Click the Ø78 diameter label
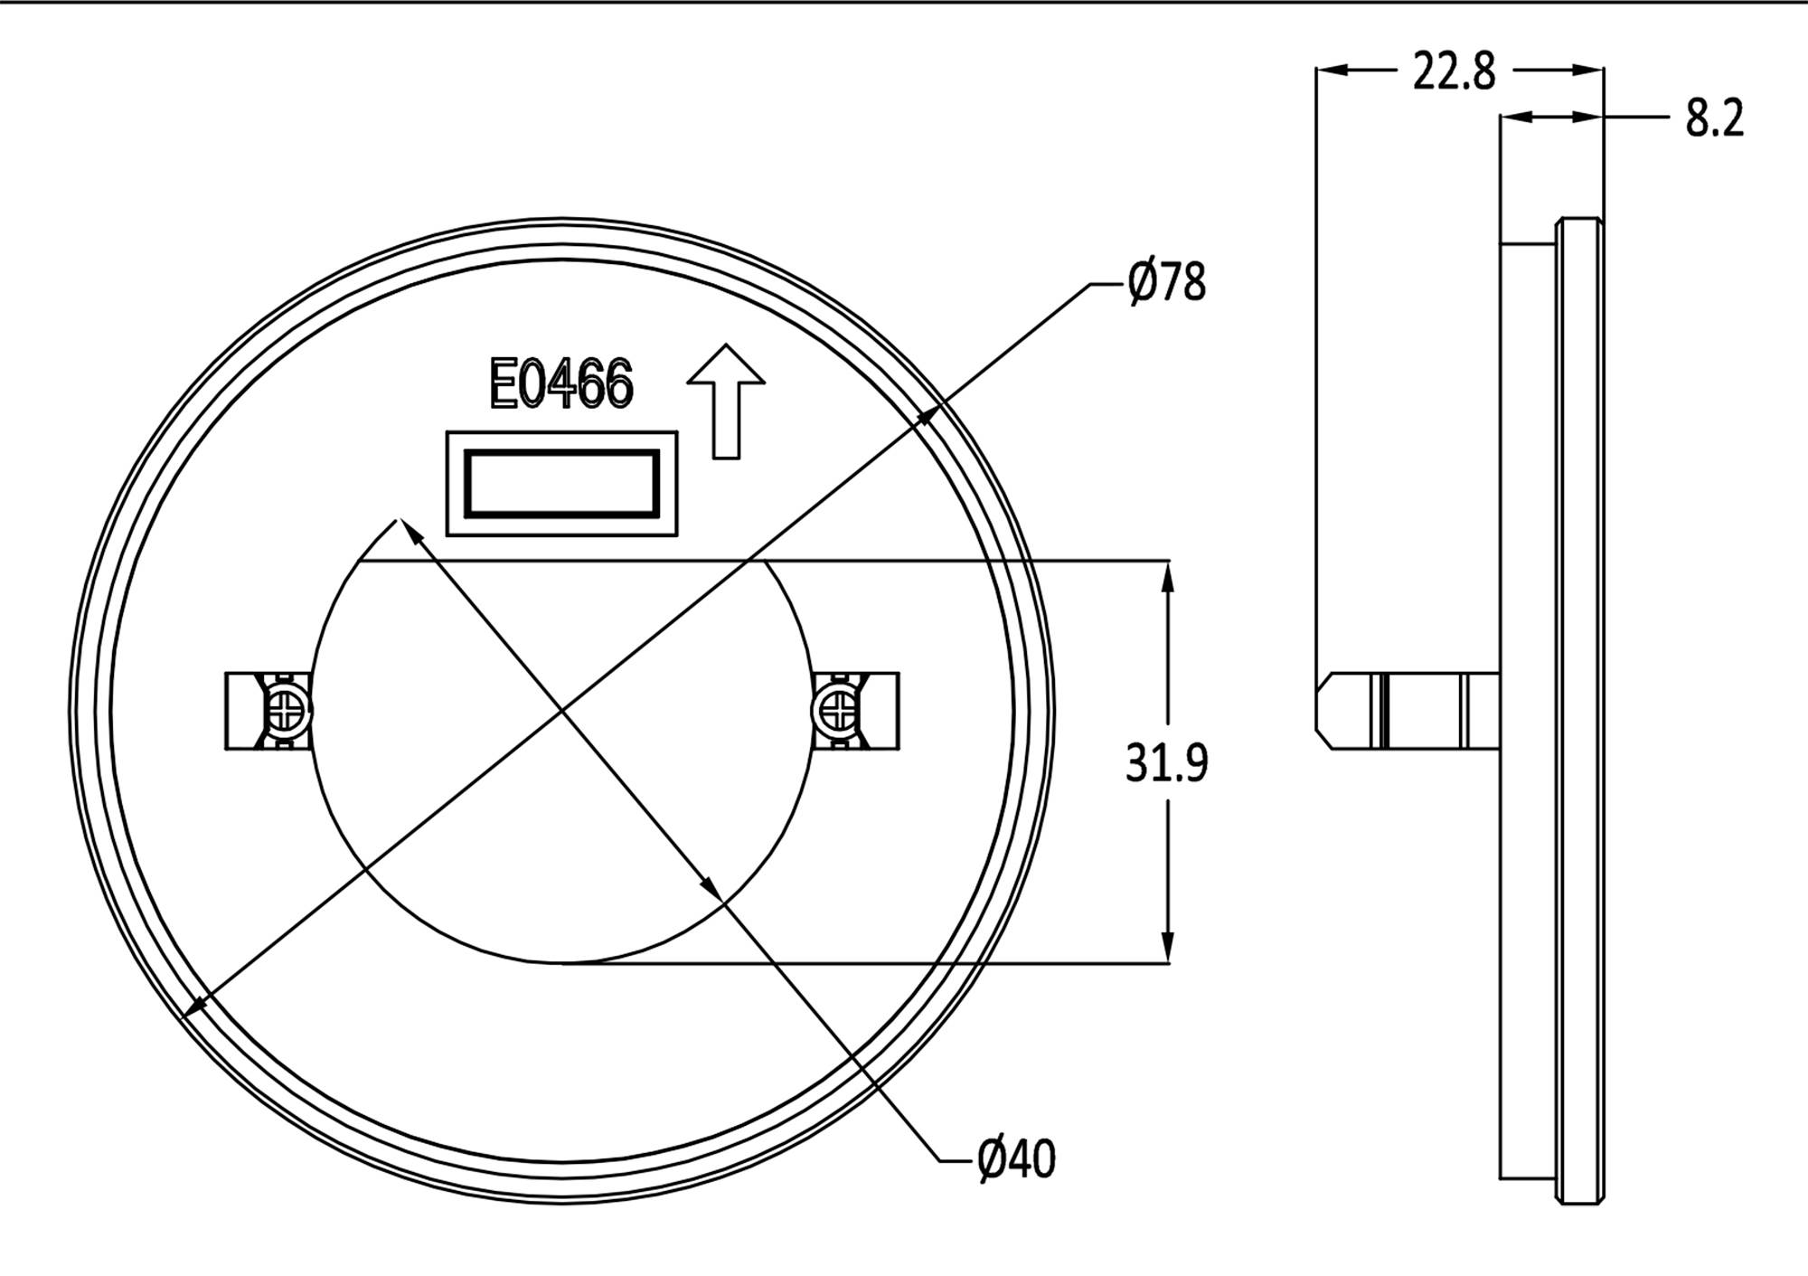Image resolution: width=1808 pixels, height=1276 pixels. coord(1165,283)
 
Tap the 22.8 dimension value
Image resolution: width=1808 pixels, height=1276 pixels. coord(1453,71)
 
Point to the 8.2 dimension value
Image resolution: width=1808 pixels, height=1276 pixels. coord(1714,118)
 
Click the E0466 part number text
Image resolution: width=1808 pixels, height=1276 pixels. coord(561,384)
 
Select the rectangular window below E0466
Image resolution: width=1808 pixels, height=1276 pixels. coord(561,484)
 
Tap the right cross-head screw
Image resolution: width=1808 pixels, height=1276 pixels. coord(835,711)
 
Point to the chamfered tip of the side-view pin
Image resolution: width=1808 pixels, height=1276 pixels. coord(1323,711)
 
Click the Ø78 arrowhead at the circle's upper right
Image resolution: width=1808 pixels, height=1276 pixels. coord(928,416)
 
